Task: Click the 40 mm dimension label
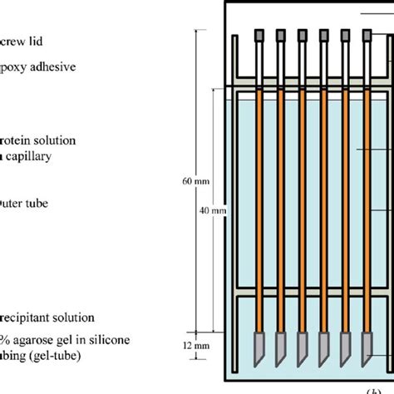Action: tap(213, 211)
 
